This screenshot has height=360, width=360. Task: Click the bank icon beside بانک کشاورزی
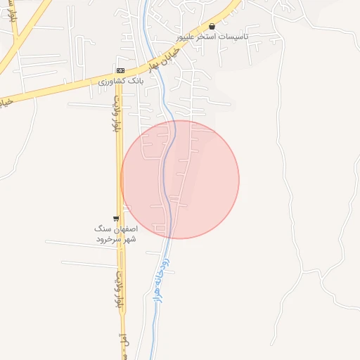[x=120, y=71]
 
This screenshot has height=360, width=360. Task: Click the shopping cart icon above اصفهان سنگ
[x=116, y=219]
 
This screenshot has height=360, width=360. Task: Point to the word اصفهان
[x=124, y=229]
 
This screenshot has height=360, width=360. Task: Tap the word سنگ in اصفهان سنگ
[x=103, y=229]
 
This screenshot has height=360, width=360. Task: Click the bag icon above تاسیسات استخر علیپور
[x=212, y=26]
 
